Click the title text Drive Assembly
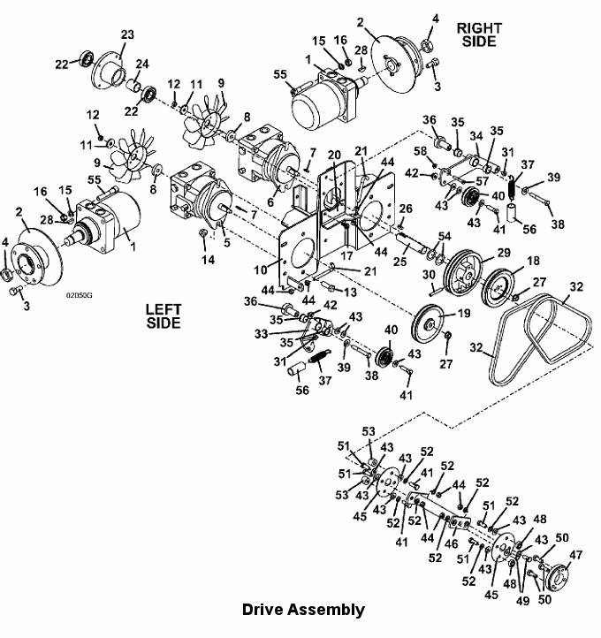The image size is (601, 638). click(303, 610)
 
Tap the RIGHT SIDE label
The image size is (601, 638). click(479, 34)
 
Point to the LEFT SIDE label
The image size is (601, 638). click(164, 316)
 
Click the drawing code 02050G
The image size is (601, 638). click(79, 295)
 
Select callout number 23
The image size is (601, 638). click(127, 34)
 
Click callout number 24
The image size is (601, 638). click(142, 64)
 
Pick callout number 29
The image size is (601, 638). click(504, 253)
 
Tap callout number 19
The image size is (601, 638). click(464, 314)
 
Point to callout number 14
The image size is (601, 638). click(208, 260)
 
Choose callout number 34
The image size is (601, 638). click(476, 136)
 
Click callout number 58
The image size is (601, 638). click(421, 151)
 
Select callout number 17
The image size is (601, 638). click(346, 255)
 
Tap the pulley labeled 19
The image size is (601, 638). click(428, 324)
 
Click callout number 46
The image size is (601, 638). click(452, 543)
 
